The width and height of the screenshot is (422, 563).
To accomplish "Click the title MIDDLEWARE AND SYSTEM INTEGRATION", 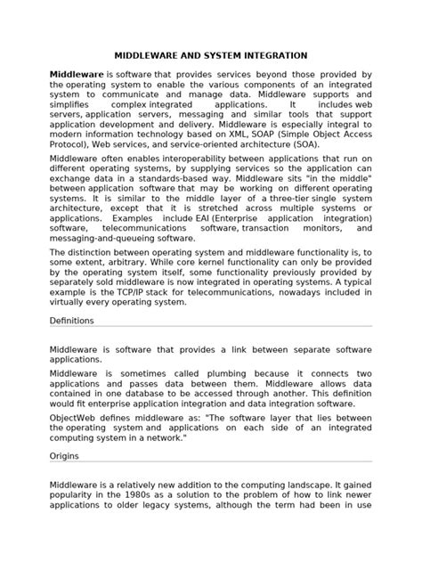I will point(211,55).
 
